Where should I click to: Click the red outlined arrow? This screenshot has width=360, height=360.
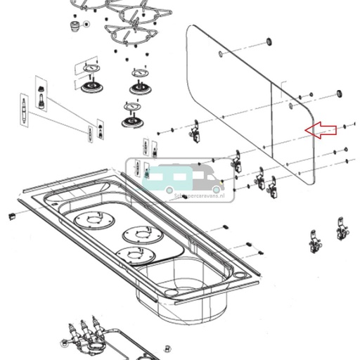pyautogui.click(x=320, y=130)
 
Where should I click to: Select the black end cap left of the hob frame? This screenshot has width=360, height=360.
pyautogui.click(x=11, y=215)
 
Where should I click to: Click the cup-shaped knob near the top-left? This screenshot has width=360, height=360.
pyautogui.click(x=73, y=25)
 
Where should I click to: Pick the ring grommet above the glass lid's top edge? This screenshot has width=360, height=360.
pyautogui.click(x=269, y=44)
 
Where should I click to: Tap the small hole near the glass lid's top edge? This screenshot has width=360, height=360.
pyautogui.click(x=221, y=53)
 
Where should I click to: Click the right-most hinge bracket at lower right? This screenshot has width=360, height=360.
pyautogui.click(x=342, y=233)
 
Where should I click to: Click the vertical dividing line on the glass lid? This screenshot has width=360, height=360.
pyautogui.click(x=272, y=120)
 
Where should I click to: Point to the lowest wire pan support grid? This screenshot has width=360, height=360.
pyautogui.click(x=129, y=32)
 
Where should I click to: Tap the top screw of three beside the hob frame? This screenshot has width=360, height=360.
pyautogui.click(x=224, y=227)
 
